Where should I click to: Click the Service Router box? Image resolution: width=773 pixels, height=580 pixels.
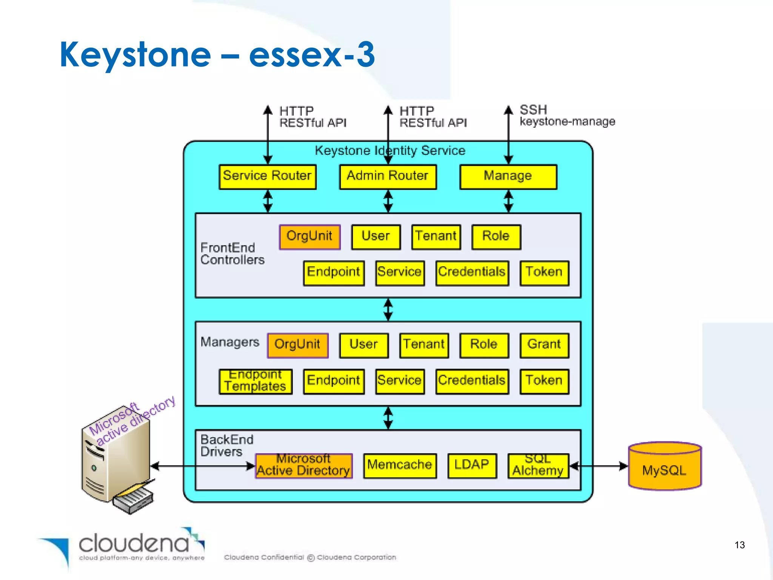267,176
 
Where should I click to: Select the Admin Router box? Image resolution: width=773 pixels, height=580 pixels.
388,176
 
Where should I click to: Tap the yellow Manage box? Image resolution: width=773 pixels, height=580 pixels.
508,176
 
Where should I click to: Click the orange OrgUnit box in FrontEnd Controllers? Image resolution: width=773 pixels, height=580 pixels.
310,237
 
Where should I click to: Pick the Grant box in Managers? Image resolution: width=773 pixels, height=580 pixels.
544,345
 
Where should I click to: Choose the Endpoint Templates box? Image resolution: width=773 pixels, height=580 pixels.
256,381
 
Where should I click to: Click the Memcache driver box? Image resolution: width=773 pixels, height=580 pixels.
400,465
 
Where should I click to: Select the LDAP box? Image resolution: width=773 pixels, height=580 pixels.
472,465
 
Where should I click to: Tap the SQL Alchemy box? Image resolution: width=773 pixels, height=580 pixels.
538,465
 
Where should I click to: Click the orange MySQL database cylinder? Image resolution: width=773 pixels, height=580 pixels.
664,467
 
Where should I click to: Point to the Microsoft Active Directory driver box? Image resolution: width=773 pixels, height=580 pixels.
303,465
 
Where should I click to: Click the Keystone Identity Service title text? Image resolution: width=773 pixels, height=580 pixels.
390,150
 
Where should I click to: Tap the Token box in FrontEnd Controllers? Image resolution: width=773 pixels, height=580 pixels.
544,273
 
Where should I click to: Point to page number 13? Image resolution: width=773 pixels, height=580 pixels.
739,545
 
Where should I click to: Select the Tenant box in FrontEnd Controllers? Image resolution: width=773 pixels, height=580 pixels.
436,237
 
